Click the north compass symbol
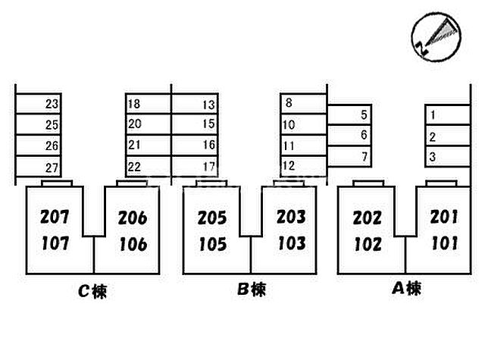pyautogui.click(x=436, y=35)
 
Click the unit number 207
pyautogui.click(x=54, y=218)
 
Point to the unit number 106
pyautogui.click(x=132, y=244)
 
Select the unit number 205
pyautogui.click(x=212, y=218)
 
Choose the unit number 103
pyautogui.click(x=291, y=243)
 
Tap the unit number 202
pyautogui.click(x=368, y=218)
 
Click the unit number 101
pyautogui.click(x=445, y=243)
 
